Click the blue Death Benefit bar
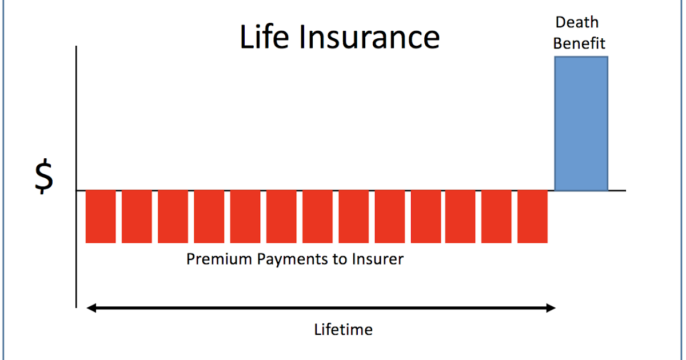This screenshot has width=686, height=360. pos(581,123)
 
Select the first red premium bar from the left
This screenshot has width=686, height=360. pos(101,217)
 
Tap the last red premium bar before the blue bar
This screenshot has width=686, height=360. pos(533,217)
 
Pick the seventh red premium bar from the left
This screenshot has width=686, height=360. pos(318,217)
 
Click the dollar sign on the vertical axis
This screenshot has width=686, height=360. pos(43,178)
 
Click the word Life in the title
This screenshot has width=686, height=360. pos(265,37)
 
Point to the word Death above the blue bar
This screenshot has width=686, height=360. pos(577,23)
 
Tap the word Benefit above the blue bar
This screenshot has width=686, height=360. pos(579,43)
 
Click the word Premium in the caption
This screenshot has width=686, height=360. pos(219,259)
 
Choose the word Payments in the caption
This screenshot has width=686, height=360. pos(290,260)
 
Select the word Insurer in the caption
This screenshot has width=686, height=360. pos(378,259)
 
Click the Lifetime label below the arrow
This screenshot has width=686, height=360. pos(343,330)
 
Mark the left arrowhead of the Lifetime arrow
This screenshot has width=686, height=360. pos(91,309)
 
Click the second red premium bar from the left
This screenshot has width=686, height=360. pos(137,217)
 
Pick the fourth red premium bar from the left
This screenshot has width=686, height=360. pos(209,217)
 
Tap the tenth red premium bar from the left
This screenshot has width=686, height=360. pos(426,217)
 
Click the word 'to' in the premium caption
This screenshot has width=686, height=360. pos(338,259)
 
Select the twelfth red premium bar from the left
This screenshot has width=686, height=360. pos(496,217)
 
